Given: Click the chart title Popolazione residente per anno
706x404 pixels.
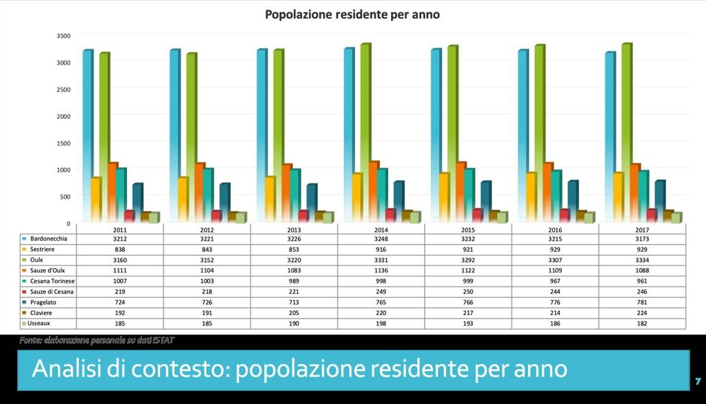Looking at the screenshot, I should coord(352,14).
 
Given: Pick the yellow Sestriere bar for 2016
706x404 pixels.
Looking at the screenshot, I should coord(530,196).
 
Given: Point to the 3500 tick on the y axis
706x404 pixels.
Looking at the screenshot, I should coord(63,36).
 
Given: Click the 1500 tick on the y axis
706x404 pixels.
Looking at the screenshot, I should coord(63,143).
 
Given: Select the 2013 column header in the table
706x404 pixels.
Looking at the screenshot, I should coord(294,230).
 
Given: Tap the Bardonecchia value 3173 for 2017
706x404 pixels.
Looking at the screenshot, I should coord(643,239).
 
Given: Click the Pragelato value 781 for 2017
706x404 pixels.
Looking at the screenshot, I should coord(643,302).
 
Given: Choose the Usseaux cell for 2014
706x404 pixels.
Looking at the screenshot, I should coord(381,323).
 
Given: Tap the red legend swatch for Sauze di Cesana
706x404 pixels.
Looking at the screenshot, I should coord(24,292).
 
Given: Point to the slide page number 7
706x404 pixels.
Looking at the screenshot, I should coord(698,381).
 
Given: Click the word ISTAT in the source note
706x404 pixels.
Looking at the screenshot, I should coord(163,340).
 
